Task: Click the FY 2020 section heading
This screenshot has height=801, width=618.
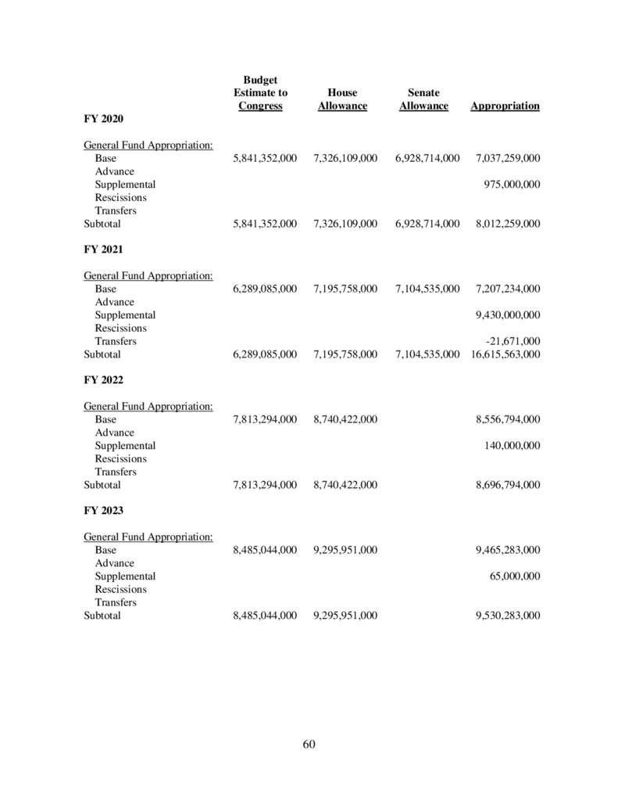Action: [x=103, y=119]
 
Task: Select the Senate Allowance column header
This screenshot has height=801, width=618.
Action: [x=423, y=99]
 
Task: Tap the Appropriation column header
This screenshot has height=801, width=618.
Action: [x=505, y=106]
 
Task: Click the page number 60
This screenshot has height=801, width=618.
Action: [x=309, y=743]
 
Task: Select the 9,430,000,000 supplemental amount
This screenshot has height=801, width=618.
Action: [x=507, y=315]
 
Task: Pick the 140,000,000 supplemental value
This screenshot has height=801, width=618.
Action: [x=512, y=446]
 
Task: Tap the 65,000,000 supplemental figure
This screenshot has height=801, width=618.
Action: [x=514, y=577]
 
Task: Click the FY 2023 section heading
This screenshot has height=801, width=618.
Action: [x=103, y=510]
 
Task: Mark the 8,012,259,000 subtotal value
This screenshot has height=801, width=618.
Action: [x=507, y=224]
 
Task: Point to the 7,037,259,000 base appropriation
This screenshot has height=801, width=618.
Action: [x=507, y=158]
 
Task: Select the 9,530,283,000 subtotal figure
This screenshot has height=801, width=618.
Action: [x=507, y=616]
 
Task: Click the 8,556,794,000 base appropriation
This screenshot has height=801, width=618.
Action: [x=507, y=419]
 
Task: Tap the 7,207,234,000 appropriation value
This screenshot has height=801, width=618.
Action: [x=507, y=289]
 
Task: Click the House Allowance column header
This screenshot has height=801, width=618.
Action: [x=342, y=99]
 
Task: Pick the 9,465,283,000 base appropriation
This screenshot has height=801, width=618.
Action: [x=507, y=550]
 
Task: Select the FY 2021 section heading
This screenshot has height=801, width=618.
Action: [x=103, y=250]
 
